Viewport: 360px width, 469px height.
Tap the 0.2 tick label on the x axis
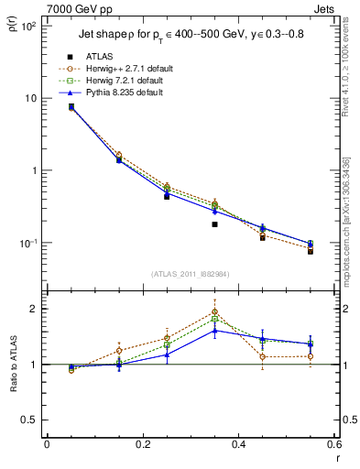coord(143,446)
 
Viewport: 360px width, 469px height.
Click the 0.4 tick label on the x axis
coord(239,446)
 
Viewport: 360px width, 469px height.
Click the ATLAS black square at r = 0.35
coord(214,224)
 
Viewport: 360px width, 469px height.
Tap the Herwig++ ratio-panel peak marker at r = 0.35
coord(214,312)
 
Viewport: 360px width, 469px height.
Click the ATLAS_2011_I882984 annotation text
coord(191,274)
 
